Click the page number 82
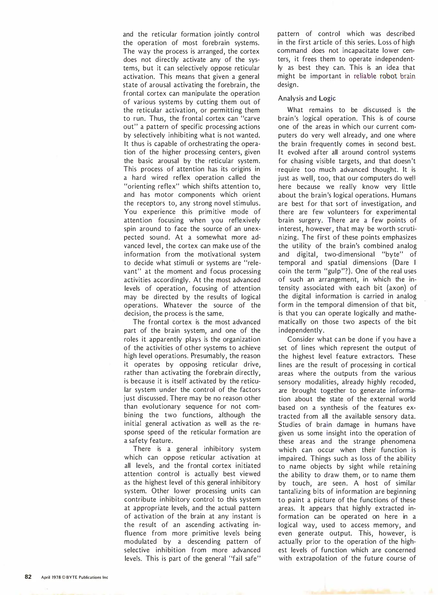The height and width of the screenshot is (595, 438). tap(28, 577)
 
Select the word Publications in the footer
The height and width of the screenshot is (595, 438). tap(90, 577)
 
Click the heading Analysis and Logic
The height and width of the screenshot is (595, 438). tap(307, 98)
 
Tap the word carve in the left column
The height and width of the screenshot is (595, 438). tap(250, 118)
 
